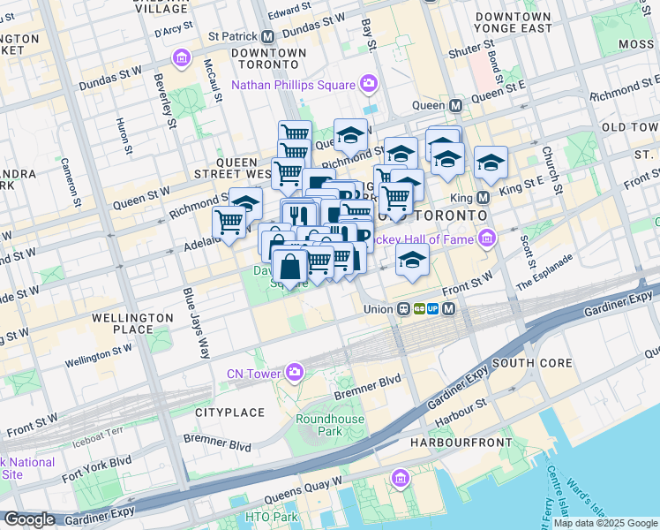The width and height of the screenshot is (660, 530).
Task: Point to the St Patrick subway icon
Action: click(x=266, y=37)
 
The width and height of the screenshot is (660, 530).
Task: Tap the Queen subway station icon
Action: click(x=455, y=105)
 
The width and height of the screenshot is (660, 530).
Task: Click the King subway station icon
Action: click(x=483, y=198)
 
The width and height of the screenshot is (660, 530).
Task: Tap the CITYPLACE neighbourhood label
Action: click(x=229, y=413)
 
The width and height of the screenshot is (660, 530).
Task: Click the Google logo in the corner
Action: click(x=29, y=519)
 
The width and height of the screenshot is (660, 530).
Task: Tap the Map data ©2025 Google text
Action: click(x=605, y=523)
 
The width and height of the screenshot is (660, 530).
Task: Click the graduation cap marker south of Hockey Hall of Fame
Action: click(x=411, y=260)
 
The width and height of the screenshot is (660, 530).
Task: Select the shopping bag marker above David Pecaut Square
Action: click(x=289, y=265)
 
